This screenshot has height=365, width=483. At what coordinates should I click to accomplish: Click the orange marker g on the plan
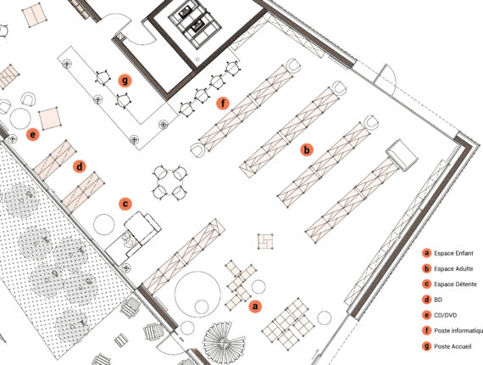[125, 81]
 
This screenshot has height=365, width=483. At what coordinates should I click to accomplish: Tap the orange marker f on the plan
[223, 104]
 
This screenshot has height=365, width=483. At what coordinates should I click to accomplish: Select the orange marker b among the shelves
[307, 150]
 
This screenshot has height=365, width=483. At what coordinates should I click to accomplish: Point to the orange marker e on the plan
[33, 135]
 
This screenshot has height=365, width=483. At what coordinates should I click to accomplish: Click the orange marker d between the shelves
[80, 167]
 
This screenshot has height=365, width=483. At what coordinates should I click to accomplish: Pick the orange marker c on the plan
[125, 204]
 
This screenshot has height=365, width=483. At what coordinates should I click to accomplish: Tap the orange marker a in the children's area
[255, 306]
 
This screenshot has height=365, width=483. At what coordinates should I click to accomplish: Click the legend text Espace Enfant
[453, 253]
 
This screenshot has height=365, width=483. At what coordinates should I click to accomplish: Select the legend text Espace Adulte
[453, 269]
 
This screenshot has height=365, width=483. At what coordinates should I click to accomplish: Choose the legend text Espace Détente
[455, 284]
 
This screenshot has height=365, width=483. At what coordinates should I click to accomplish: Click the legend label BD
[438, 300]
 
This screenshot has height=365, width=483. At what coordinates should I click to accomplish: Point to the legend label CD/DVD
[446, 315]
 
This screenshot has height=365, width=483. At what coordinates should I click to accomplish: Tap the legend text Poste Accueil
[452, 346]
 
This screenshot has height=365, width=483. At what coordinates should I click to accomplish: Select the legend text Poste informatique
[458, 331]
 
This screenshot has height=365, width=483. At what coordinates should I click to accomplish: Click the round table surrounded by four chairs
[169, 183]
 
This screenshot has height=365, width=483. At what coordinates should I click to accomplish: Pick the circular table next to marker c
[104, 225]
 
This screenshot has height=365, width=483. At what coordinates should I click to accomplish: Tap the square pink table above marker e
[50, 119]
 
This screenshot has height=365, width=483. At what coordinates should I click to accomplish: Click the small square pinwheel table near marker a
[265, 241]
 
